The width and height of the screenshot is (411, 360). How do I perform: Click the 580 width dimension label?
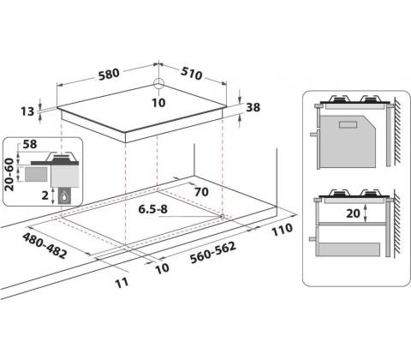click(109, 75)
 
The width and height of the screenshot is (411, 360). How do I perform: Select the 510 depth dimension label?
click(192, 74)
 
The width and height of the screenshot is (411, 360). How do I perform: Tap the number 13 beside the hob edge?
click(27, 111)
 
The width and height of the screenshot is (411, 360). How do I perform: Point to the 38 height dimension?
click(253, 107)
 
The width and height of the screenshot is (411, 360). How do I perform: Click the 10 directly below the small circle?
click(158, 103)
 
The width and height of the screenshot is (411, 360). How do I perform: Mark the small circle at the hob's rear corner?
click(158, 84)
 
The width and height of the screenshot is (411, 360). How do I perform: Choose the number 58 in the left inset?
click(30, 144)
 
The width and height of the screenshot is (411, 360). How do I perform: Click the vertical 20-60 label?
click(9, 174)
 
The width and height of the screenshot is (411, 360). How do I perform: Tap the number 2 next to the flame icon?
click(45, 195)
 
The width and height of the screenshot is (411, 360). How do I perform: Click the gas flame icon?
click(64, 196)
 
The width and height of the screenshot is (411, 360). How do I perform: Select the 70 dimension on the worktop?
click(201, 192)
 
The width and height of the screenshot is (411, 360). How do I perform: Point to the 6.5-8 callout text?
click(152, 209)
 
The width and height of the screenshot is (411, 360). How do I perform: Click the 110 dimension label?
click(282, 230)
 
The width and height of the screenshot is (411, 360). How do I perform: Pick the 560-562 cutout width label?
click(213, 253)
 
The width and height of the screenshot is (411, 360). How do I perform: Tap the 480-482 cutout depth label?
click(45, 245)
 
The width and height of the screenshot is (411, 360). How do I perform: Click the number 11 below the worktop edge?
click(122, 283)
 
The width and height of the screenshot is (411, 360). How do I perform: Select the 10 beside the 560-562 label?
click(163, 268)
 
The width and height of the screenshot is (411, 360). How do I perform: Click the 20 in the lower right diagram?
click(353, 213)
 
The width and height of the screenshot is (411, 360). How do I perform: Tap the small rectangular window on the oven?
click(348, 124)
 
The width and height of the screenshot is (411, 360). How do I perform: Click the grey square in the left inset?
click(36, 174)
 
